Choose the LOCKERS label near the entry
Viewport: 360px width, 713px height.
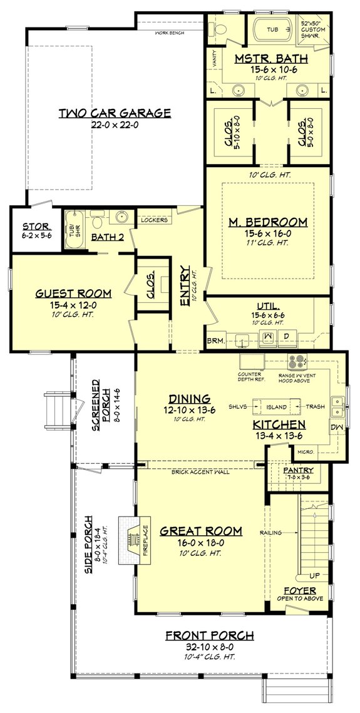pos(154,220)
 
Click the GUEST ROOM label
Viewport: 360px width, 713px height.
pos(73,293)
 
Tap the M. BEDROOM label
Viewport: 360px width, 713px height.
pos(267,222)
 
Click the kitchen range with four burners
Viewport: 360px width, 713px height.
pos(297,361)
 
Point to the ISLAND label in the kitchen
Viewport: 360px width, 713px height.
pos(276,407)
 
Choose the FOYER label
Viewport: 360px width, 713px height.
pos(299,590)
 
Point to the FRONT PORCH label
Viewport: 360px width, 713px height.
pos(210,636)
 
